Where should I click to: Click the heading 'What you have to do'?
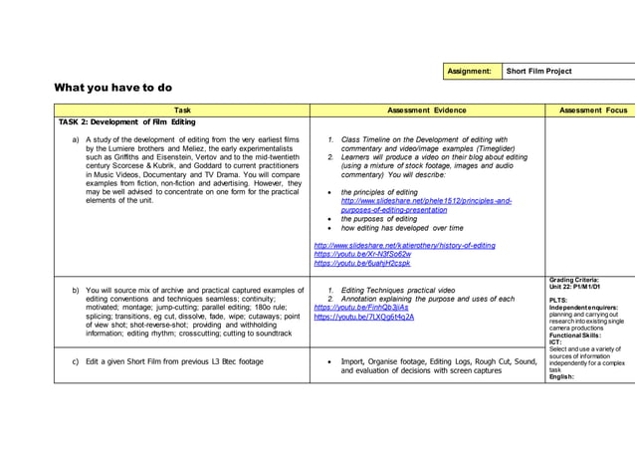pos(112,88)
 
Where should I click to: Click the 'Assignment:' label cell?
pos(469,72)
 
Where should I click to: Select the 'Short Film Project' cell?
pos(538,72)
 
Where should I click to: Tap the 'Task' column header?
pos(182,111)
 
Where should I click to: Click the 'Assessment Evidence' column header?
pos(426,111)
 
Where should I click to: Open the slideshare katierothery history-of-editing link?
pos(404,245)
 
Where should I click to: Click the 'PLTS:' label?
pos(558,300)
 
